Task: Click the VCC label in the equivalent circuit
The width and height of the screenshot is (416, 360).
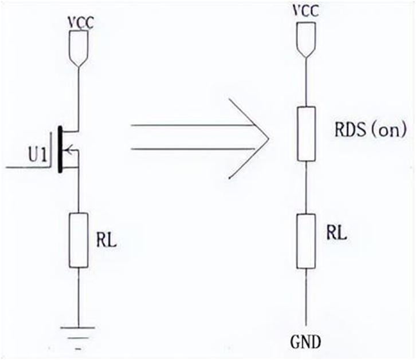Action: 306,11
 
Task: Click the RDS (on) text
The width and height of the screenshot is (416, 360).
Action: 370,131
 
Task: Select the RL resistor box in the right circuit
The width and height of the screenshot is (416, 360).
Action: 306,240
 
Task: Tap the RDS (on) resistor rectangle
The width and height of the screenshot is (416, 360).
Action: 306,133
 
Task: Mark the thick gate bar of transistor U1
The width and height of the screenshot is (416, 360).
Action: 59,152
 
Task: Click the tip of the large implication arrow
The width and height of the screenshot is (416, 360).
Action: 268,137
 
